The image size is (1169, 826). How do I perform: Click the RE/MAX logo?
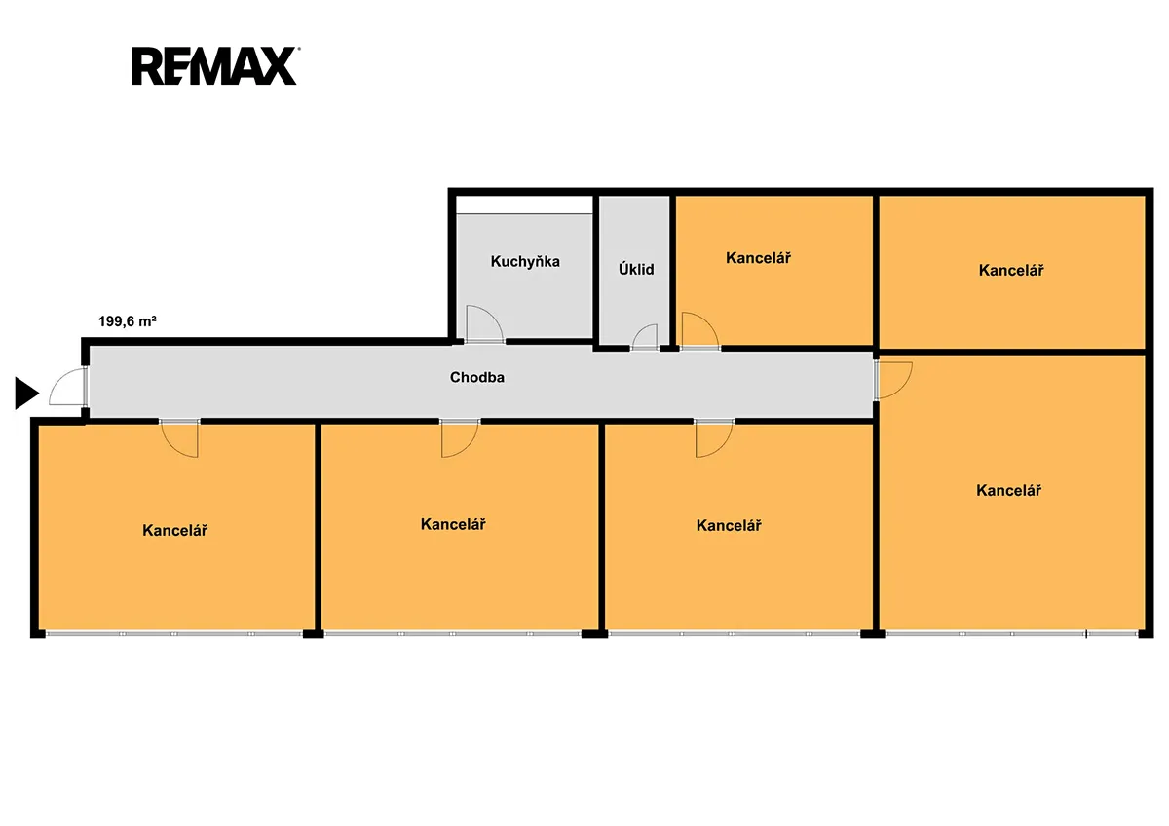click(x=215, y=65)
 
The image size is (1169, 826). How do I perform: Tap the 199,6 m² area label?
click(x=128, y=321)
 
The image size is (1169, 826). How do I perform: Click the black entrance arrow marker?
click(x=26, y=393)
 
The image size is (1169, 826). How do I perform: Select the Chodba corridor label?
click(x=477, y=377)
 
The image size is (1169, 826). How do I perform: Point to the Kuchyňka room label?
click(x=525, y=261)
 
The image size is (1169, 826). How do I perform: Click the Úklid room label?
click(x=636, y=269)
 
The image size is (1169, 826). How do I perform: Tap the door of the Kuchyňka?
click(x=484, y=324)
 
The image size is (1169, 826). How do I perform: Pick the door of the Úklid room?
click(x=645, y=337)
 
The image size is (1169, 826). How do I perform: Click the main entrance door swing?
click(x=68, y=387)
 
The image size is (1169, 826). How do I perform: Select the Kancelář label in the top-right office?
click(x=1011, y=270)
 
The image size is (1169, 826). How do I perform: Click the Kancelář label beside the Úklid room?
click(x=758, y=258)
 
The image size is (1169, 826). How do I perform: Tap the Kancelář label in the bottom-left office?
click(x=174, y=530)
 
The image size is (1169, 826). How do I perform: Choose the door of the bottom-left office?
click(x=179, y=438)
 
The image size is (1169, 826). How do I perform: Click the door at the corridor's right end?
click(x=893, y=381)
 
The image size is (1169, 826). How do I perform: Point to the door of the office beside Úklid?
click(x=700, y=331)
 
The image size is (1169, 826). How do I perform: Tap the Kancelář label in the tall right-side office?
click(x=1009, y=491)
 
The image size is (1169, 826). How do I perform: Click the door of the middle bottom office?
click(x=460, y=438)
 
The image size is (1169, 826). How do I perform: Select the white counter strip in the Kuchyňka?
click(x=524, y=206)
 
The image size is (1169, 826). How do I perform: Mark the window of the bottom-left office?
click(x=174, y=634)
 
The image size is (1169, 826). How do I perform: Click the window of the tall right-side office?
click(x=1012, y=634)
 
